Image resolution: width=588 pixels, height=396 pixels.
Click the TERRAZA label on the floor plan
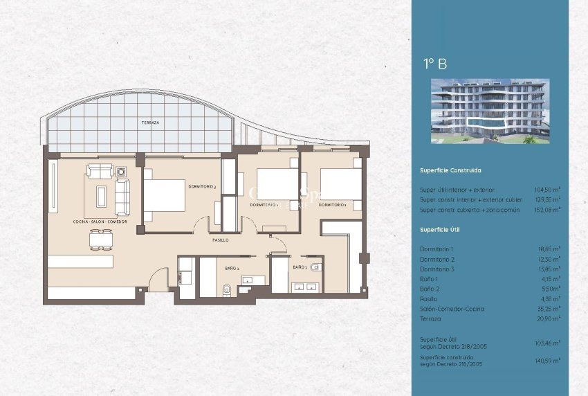150,123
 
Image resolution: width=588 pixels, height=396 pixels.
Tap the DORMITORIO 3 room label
202,186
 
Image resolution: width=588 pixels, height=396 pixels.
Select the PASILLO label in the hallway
221,240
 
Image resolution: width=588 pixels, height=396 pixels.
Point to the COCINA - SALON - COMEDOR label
100,222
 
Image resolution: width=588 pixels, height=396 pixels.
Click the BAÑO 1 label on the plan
232,267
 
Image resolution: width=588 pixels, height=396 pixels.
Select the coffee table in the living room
100,196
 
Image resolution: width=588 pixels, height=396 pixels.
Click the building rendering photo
490,111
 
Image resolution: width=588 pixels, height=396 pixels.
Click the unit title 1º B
435,64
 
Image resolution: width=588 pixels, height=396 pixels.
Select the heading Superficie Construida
450,170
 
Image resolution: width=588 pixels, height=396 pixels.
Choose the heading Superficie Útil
439,229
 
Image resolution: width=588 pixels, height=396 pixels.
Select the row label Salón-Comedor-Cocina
452,309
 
